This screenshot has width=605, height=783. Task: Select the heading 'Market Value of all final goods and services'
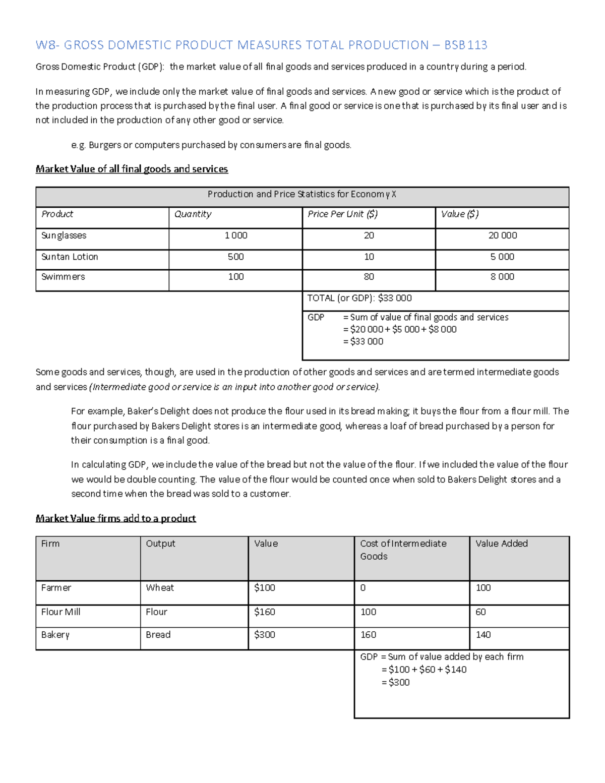(132, 169)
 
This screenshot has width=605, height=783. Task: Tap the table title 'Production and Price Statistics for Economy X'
(302, 195)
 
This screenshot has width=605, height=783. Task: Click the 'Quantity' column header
(193, 214)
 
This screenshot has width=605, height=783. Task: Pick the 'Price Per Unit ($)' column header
(342, 214)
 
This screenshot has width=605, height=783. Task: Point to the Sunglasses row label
(64, 235)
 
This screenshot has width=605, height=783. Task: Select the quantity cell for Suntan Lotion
(235, 257)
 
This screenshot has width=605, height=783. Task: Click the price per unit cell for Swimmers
(369, 277)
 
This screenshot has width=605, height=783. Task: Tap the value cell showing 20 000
(502, 235)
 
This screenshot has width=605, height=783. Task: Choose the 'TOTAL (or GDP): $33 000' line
(359, 298)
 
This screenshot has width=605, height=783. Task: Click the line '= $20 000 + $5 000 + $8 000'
(400, 329)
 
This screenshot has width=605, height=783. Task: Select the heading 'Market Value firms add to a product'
(115, 518)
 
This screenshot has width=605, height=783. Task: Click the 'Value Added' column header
(501, 544)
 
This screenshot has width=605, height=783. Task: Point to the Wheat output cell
(160, 588)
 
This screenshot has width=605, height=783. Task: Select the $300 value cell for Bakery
(265, 635)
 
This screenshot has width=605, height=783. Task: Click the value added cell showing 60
(480, 612)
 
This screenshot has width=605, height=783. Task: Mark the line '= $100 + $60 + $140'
(424, 670)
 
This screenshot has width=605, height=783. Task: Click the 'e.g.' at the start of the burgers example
(78, 145)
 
